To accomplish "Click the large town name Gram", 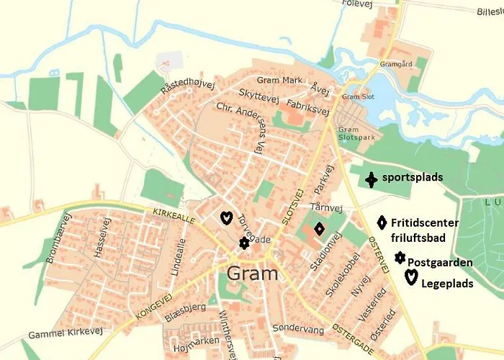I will (x=252, y=274).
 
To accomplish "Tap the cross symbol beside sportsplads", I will (x=371, y=179).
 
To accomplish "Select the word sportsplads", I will (x=413, y=177).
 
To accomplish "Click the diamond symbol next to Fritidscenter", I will (x=382, y=223).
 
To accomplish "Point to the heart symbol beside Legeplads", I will (x=411, y=277).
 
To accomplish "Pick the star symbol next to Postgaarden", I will (x=400, y=257).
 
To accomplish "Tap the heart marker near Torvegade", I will (x=225, y=217).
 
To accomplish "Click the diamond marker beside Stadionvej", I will (x=319, y=229).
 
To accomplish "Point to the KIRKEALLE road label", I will (x=174, y=216).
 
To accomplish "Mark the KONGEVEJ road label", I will (x=155, y=306).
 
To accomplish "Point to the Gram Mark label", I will (x=279, y=80).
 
